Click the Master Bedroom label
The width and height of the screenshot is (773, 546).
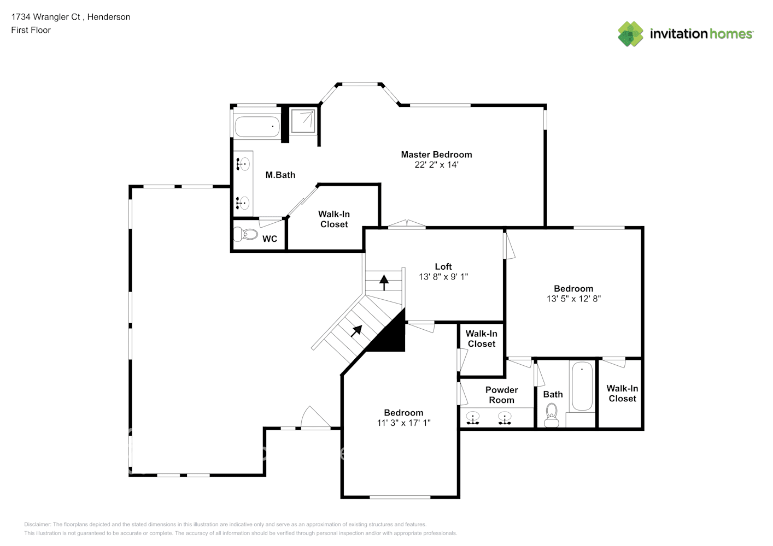(x=436, y=155)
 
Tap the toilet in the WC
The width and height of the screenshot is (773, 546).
(x=245, y=234)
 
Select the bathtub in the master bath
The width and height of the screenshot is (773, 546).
(x=257, y=127)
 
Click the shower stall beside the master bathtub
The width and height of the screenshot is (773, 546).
(x=303, y=121)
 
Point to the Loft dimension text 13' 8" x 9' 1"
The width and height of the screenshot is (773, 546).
(x=443, y=276)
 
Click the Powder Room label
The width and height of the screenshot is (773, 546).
(x=501, y=395)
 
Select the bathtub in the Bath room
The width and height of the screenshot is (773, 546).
(x=582, y=386)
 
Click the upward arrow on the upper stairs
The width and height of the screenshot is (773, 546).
(x=384, y=282)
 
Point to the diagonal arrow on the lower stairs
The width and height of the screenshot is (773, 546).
(x=356, y=331)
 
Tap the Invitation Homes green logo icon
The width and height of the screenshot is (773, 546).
(x=630, y=34)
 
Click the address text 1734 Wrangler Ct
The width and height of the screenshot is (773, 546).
(x=45, y=17)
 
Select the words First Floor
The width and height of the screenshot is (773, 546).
(x=31, y=30)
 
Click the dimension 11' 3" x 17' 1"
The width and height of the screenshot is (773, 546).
(x=404, y=423)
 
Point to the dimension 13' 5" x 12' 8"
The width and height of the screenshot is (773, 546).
(x=573, y=299)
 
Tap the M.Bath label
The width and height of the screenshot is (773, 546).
(x=280, y=175)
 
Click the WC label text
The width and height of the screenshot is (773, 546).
(x=270, y=239)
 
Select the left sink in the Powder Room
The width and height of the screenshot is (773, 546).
(x=472, y=418)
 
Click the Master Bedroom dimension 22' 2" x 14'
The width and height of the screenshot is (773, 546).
(x=436, y=165)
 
